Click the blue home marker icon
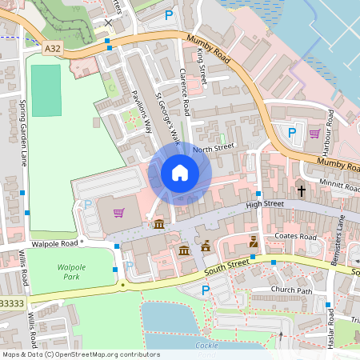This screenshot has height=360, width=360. pyautogui.click(x=180, y=172)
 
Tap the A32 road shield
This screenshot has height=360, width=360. pyautogui.click(x=53, y=49)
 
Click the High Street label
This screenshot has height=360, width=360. pyautogui.click(x=265, y=205)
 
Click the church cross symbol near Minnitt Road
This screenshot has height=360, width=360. pyautogui.click(x=302, y=190)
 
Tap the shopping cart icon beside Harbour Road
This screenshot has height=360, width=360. pyautogui.click(x=314, y=133)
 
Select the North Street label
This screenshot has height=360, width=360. pyautogui.click(x=213, y=148)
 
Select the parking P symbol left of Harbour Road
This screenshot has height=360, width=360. pyautogui.click(x=292, y=133)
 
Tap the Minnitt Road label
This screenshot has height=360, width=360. pyautogui.click(x=338, y=186)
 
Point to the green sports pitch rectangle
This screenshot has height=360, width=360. pyautogui.click(x=46, y=90)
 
